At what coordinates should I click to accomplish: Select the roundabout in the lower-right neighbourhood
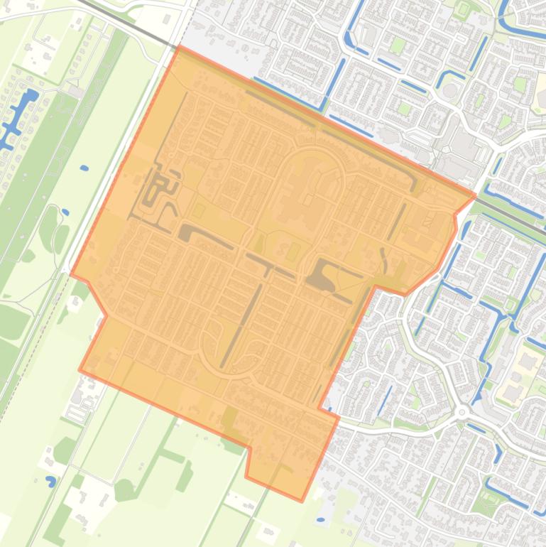[x=462, y=411]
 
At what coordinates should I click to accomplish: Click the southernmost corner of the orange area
[x=302, y=501]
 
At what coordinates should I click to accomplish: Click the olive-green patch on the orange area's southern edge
[x=229, y=419]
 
